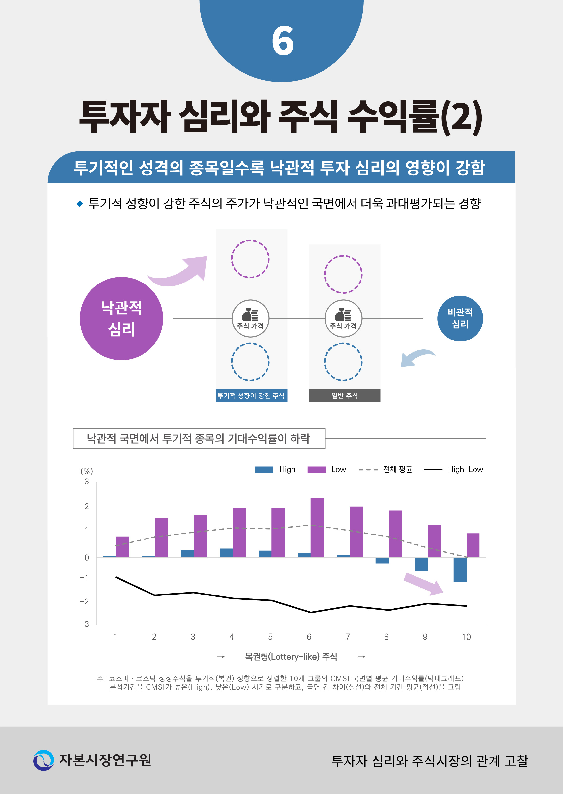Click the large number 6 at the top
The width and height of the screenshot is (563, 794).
(x=283, y=41)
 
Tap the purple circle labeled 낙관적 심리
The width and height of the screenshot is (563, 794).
(x=121, y=318)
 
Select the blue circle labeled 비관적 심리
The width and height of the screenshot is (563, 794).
(x=460, y=318)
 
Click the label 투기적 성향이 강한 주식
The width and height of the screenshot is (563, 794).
(x=251, y=396)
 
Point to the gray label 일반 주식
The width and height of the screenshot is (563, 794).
(x=344, y=396)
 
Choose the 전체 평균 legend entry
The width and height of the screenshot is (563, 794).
(x=385, y=469)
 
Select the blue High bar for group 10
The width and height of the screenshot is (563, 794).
(x=460, y=569)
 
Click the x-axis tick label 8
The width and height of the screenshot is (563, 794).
(x=386, y=637)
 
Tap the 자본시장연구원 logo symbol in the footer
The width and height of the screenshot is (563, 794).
(x=44, y=760)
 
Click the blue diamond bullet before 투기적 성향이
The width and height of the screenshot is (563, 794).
(x=80, y=204)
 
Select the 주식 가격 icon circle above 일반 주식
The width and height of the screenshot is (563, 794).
(x=343, y=318)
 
